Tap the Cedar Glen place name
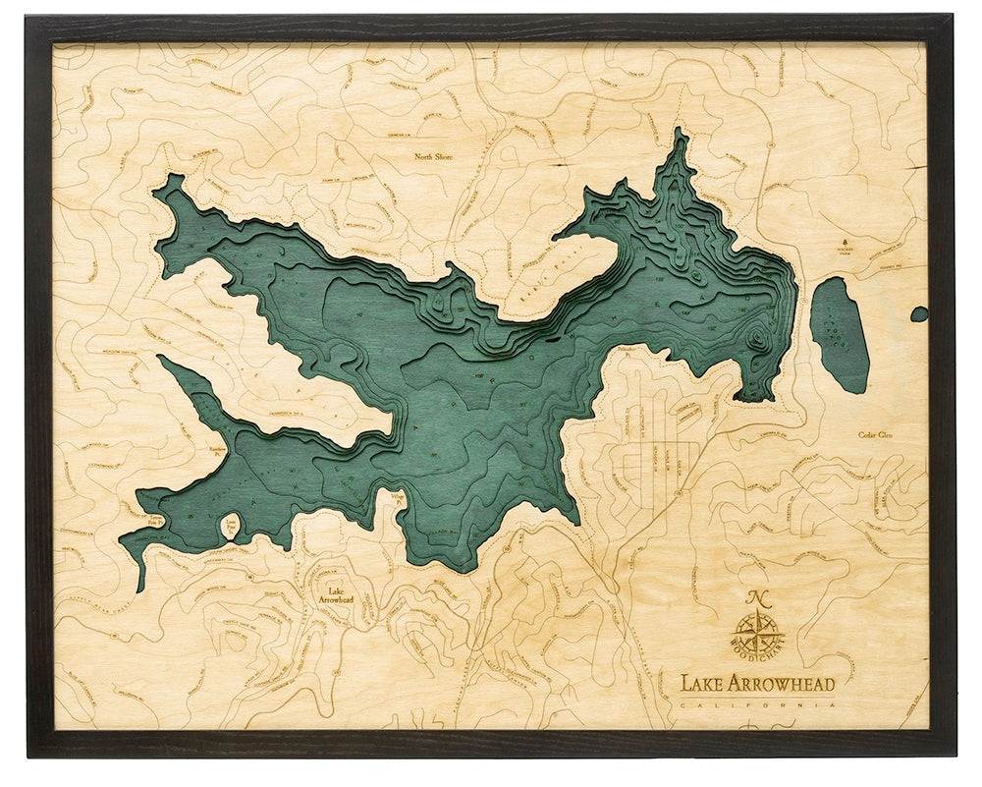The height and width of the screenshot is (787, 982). click(x=880, y=434)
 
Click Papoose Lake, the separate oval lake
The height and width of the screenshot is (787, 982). click(x=840, y=334)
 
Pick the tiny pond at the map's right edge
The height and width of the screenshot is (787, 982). click(x=919, y=314)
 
